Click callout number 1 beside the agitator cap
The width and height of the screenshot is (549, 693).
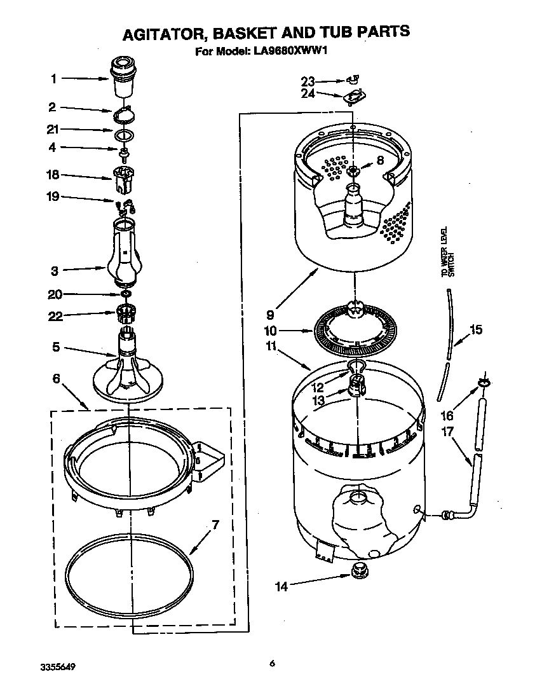(x=54, y=79)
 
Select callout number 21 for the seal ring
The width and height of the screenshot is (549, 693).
(x=53, y=130)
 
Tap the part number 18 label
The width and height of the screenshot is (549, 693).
(x=53, y=174)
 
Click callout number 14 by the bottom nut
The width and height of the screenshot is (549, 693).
(x=281, y=586)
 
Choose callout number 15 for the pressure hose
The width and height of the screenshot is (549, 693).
(x=475, y=329)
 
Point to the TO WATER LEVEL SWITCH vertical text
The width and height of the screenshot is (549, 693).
(x=445, y=252)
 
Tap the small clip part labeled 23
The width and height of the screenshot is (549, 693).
(x=354, y=80)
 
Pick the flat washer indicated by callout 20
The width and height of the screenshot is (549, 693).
(x=126, y=294)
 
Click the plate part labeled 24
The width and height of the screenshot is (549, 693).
(x=355, y=97)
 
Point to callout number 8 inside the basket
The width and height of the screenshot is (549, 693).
(x=380, y=161)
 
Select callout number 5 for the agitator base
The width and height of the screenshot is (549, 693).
(x=55, y=347)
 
